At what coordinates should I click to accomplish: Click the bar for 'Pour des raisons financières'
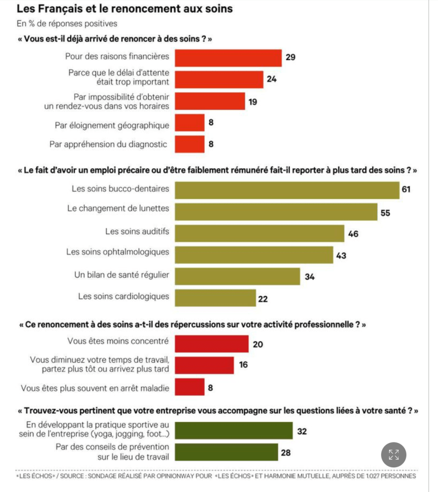[x=228, y=57]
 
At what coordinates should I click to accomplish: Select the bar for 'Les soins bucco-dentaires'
[x=287, y=189]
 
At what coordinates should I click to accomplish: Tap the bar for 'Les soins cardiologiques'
[x=215, y=297]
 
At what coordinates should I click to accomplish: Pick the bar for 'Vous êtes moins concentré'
[x=211, y=343]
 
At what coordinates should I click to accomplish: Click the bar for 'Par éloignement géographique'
[x=189, y=123]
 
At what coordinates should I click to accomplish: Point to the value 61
[x=406, y=189]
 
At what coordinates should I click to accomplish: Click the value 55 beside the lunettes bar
[x=385, y=212]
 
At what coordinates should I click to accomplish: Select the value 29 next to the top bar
[x=290, y=57]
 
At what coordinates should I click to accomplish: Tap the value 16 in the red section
[x=244, y=365]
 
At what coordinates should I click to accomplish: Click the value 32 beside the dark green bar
[x=302, y=431]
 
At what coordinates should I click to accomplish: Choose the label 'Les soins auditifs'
[x=137, y=231]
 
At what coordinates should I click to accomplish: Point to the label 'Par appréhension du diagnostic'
[x=109, y=143]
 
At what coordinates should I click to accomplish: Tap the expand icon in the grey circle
[x=394, y=454]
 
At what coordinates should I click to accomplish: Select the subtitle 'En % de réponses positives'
[x=66, y=23]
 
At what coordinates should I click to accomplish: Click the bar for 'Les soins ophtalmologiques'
[x=254, y=254]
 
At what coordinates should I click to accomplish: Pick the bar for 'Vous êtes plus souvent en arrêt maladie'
[x=189, y=387]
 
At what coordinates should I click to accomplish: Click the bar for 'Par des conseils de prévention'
[x=226, y=452]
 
